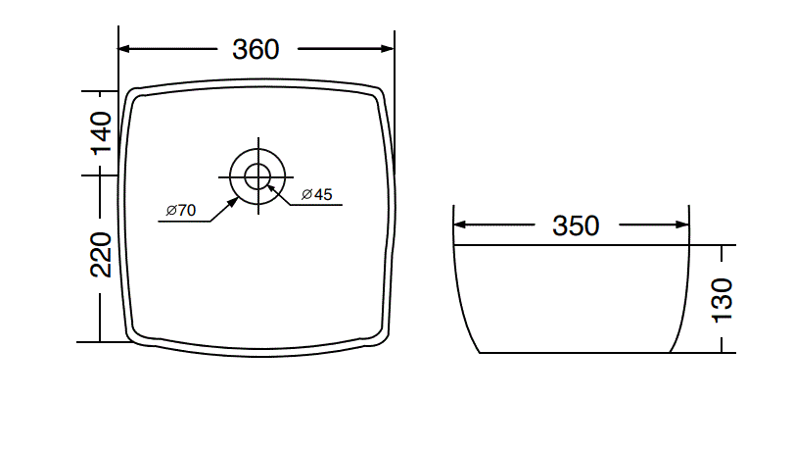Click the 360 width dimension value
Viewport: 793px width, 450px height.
coord(256,49)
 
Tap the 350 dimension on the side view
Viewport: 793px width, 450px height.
coord(575,226)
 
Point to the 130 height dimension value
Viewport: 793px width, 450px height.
coord(723,300)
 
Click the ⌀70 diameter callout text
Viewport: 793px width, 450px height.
coord(182,210)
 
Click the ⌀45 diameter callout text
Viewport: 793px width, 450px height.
coord(317,195)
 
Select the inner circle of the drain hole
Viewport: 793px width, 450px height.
coord(257,175)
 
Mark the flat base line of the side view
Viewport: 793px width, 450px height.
coord(576,353)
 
